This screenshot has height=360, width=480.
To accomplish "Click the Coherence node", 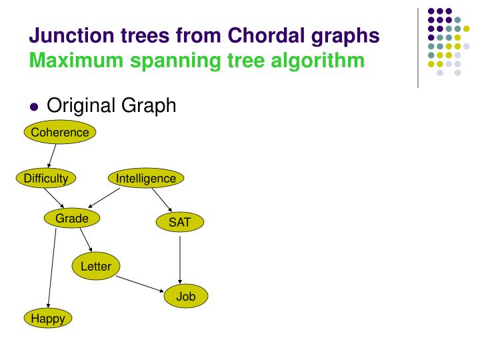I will pos(60,132).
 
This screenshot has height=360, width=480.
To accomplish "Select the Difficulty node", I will pos(46,178).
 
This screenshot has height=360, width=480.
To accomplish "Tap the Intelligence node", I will pos(146,178).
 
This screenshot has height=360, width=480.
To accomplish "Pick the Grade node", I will pos(72,219).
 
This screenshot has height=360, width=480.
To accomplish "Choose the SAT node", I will pos(180,223).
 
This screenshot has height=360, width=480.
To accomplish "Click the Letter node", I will pos(96,267).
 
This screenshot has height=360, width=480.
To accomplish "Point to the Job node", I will pos(186,296).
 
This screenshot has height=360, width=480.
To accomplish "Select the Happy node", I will pos(48,319).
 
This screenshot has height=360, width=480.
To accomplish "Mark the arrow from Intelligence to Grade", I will pos(105,198).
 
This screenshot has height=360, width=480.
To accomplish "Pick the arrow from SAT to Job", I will pos(180,259).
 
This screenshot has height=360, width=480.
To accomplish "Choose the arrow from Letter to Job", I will pos(141,284).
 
